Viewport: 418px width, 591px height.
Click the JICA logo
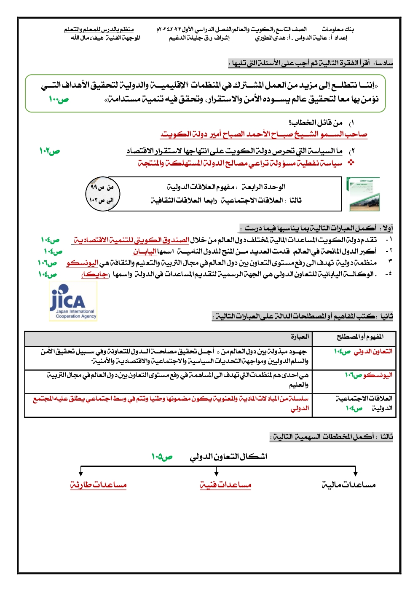(73, 301)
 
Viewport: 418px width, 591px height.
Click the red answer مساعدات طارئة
(98, 485)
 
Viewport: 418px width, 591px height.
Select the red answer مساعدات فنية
(225, 485)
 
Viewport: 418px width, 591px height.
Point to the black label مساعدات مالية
(348, 485)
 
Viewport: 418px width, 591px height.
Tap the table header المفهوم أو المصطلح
(360, 337)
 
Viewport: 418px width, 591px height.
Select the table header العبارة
(300, 337)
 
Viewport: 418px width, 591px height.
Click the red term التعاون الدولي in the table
(373, 351)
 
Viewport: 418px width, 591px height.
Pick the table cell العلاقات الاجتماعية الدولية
(364, 403)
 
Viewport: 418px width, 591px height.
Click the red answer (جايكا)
(95, 275)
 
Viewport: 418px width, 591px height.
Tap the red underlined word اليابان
(145, 251)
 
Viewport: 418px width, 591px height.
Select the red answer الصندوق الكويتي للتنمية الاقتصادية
(131, 240)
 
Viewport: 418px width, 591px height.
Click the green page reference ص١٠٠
(59, 100)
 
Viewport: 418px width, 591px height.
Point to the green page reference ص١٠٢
(50, 151)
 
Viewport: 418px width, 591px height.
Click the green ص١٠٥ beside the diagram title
(162, 457)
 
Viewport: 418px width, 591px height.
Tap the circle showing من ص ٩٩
(102, 194)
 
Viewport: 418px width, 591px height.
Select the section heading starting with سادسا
(311, 63)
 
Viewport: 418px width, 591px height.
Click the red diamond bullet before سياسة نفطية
(350, 163)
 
